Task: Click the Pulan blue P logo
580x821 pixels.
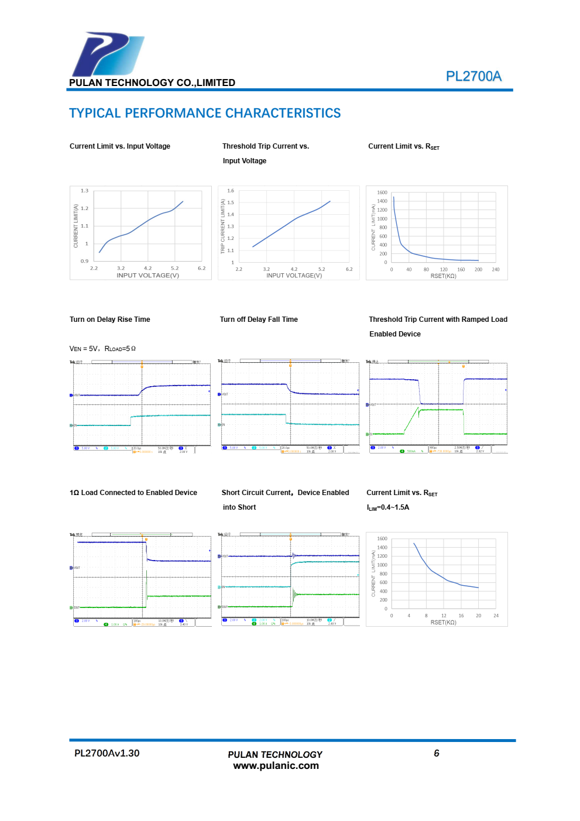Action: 107,54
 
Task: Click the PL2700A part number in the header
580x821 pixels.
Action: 473,76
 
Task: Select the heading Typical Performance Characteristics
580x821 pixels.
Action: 205,113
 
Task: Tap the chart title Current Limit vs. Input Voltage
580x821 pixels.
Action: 120,146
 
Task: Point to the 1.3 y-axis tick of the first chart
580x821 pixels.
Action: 85,191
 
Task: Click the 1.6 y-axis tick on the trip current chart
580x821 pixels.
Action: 231,191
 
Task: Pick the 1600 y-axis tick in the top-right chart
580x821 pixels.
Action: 382,193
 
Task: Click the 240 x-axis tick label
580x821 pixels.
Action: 496,270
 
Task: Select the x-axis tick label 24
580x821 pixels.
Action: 496,616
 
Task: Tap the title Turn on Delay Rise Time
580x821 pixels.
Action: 110,320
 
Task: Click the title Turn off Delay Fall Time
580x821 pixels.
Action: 259,320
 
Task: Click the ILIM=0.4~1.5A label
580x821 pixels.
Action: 388,507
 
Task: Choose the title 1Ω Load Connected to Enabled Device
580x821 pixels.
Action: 133,493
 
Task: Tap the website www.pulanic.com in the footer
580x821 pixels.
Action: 276,765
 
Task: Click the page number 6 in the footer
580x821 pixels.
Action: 437,753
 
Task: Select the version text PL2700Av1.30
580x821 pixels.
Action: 107,753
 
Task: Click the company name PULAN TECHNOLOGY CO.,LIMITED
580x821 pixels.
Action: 152,83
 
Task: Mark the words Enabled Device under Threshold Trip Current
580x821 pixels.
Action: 395,334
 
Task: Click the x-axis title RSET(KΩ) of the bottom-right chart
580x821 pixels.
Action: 443,623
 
